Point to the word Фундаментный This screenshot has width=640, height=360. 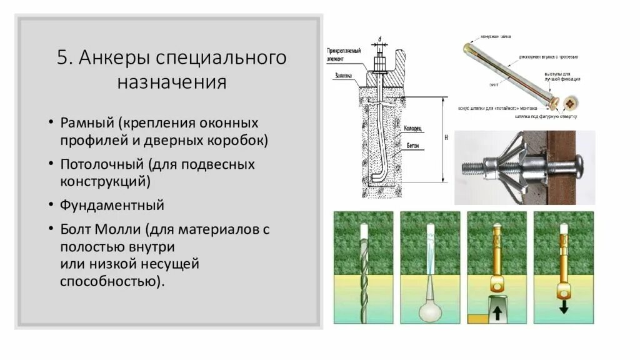(112, 205)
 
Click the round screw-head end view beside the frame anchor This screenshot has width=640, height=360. (571, 104)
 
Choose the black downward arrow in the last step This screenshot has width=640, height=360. (563, 307)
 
